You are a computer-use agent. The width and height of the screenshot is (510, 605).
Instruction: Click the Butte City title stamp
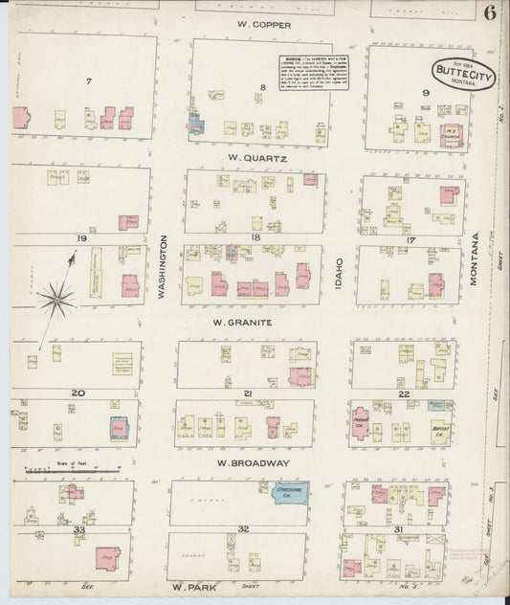(x=463, y=73)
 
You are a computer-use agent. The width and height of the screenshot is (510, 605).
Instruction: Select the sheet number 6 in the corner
(x=489, y=12)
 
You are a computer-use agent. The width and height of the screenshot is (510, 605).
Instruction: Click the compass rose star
(x=56, y=300)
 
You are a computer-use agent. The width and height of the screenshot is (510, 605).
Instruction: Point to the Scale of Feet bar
(x=72, y=470)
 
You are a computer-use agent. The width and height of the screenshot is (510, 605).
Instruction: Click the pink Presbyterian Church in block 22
(x=361, y=421)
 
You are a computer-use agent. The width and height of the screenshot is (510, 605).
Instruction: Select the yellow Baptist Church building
(x=441, y=424)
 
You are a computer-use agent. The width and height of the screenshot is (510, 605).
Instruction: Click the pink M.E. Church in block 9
(x=450, y=134)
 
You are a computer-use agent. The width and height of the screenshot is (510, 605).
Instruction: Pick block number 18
(x=255, y=235)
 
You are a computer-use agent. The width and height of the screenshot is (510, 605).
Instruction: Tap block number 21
(x=247, y=393)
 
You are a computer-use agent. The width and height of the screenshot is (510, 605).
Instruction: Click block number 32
(x=244, y=528)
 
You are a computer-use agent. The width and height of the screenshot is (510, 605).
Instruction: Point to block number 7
(x=88, y=81)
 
